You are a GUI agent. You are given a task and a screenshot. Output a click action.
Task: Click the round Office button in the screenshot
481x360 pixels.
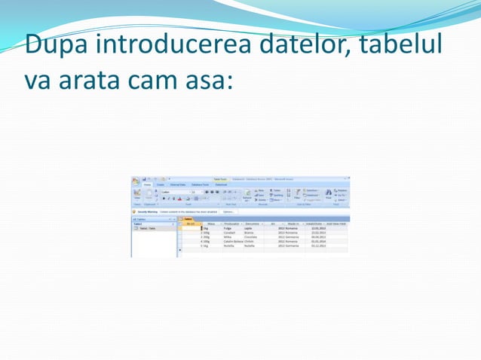pyautogui.click(x=136, y=181)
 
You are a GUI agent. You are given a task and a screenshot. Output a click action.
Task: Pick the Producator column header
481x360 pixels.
pyautogui.click(x=231, y=224)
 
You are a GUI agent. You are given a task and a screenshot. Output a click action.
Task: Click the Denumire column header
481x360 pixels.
pyautogui.click(x=252, y=224)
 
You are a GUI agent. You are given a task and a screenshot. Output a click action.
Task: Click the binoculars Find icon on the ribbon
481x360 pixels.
pyautogui.click(x=328, y=193)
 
